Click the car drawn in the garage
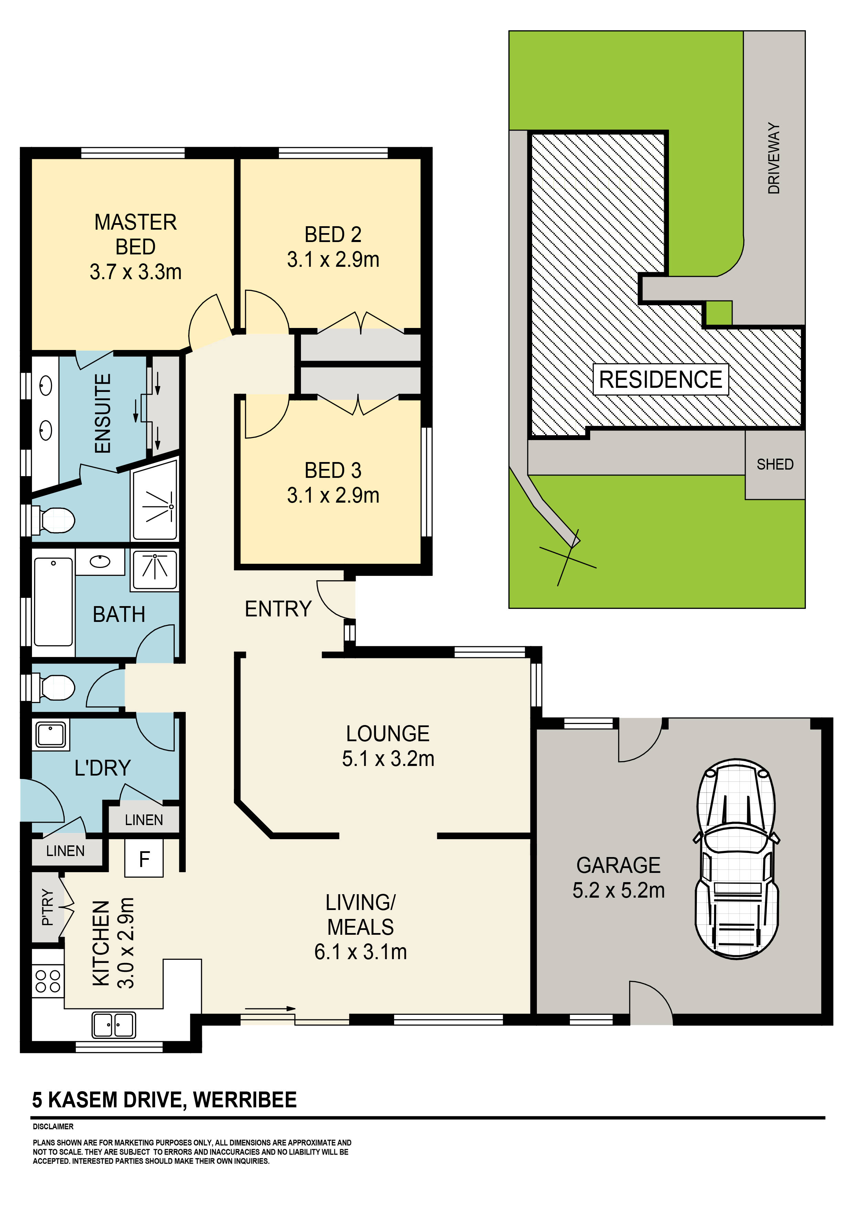pos(736,860)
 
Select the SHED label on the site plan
pos(775,464)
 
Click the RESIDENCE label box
pos(661,379)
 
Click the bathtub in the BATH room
pos(53,602)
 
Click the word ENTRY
pos(278,609)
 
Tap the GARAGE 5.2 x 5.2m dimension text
pos(618,890)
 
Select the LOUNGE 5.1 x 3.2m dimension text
pos(388,758)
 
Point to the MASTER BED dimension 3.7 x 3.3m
pos(136,272)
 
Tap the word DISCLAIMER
pos(53,1127)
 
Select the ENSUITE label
pos(103,413)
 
